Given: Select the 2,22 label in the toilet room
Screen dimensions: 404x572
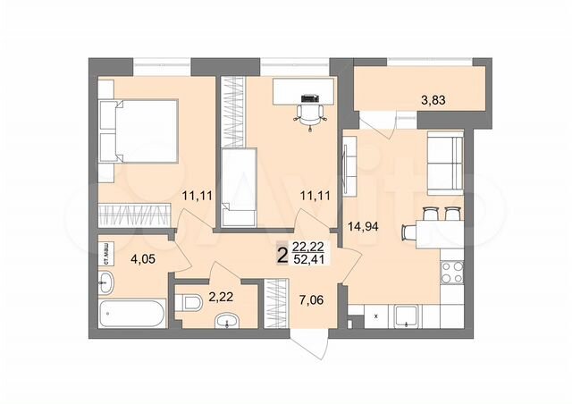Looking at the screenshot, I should click(221, 296).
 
